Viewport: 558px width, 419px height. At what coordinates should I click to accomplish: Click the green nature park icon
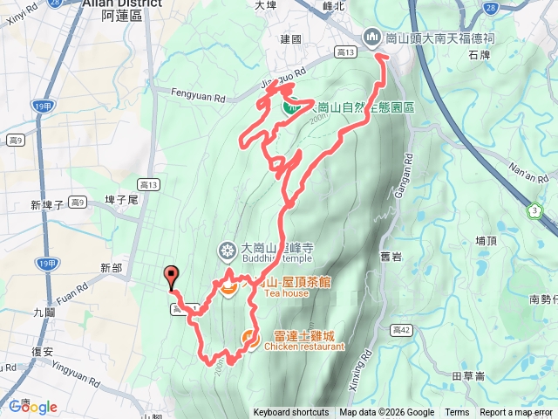pos(291,106)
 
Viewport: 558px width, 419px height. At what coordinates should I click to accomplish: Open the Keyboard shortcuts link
pos(291,413)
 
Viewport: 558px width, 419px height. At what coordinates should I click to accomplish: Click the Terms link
pos(457,413)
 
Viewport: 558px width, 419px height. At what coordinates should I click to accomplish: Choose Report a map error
pos(516,413)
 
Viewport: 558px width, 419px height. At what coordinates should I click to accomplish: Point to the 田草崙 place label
pos(469,375)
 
